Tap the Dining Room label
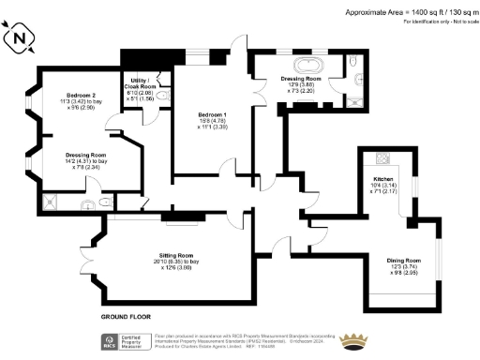[404, 264]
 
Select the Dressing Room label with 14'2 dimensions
[85, 160]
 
